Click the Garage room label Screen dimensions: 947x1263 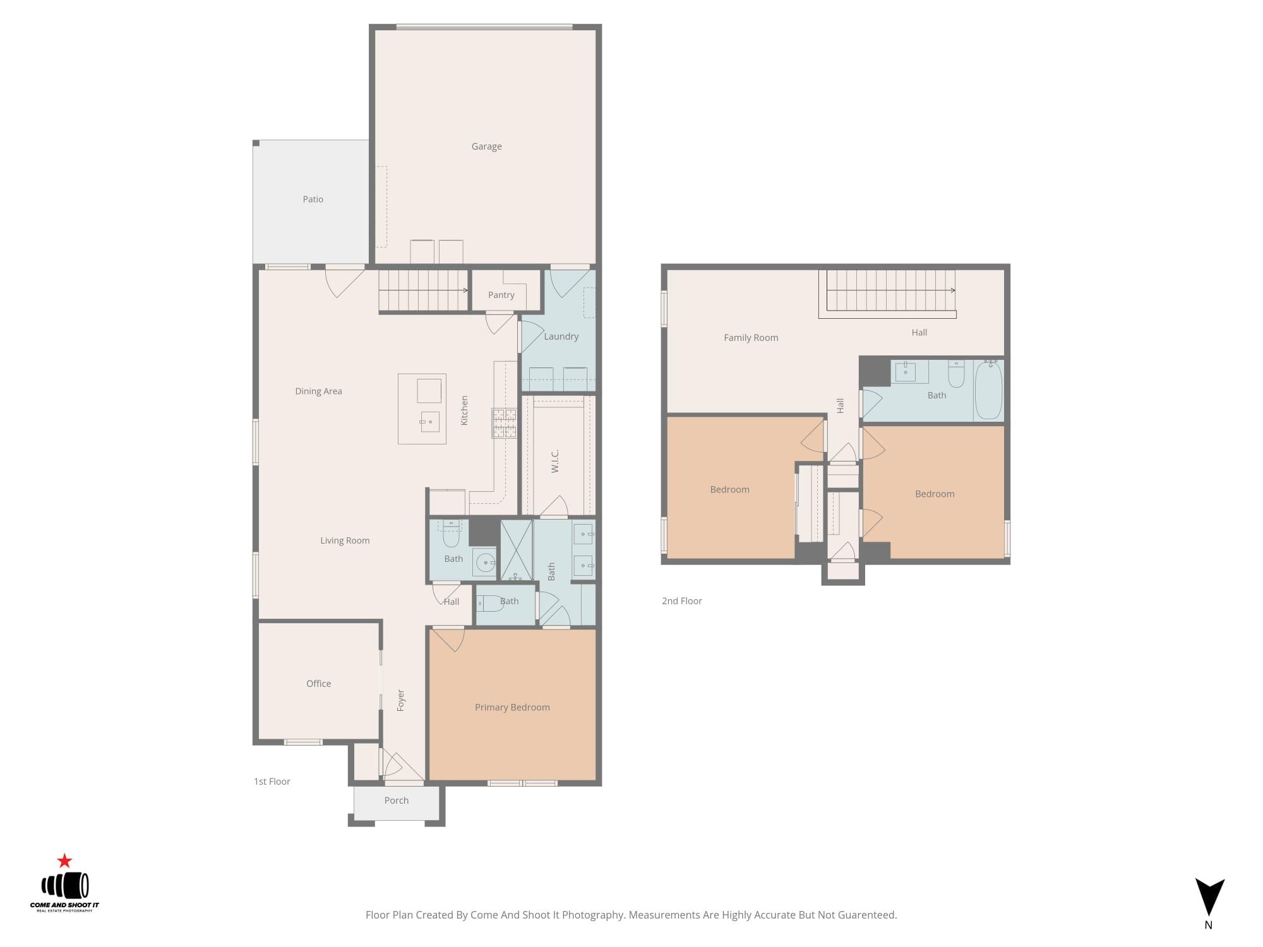point(486,146)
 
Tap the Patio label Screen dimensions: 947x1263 point(313,200)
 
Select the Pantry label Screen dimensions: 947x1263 point(501,295)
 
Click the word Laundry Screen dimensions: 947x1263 point(561,337)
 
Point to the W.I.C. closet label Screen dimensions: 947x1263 point(555,461)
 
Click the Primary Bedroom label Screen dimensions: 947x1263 point(512,707)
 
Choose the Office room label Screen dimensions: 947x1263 point(318,684)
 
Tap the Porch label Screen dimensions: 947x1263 point(396,801)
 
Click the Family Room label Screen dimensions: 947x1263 point(751,338)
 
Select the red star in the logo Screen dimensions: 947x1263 point(64,861)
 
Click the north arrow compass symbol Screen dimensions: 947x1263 point(1209,896)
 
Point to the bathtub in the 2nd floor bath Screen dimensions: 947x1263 point(988,390)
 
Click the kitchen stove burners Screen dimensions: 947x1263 point(504,423)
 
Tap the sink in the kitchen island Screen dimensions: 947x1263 point(430,422)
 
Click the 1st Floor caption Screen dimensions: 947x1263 point(272,782)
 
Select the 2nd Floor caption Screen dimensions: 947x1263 point(681,601)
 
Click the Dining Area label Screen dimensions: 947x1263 point(318,391)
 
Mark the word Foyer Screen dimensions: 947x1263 point(400,700)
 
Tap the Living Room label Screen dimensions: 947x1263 point(345,540)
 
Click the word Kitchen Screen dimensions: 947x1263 point(464,410)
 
